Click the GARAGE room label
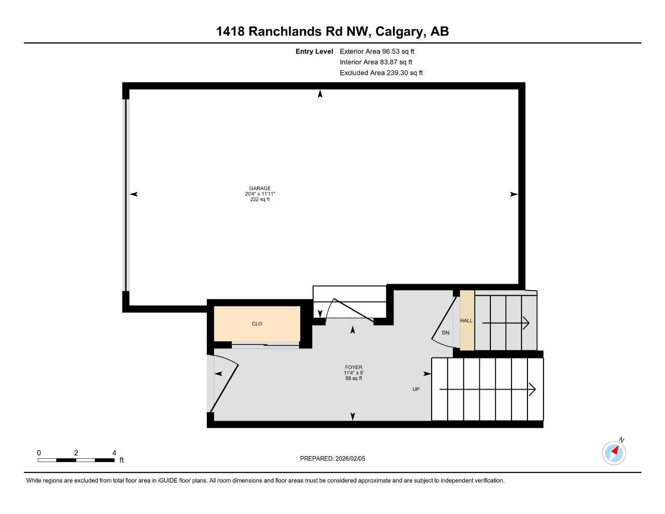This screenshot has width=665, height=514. click(260, 188)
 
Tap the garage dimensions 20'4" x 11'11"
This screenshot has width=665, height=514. click(260, 194)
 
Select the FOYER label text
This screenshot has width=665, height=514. click(353, 367)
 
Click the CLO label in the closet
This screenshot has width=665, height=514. click(257, 324)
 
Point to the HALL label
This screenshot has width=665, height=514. click(466, 321)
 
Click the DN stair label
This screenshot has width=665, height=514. click(446, 333)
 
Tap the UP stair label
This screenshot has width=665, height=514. click(416, 390)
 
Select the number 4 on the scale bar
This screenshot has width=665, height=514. click(114, 453)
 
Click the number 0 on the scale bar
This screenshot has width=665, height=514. click(39, 453)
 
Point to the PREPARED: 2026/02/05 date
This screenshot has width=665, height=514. click(333, 458)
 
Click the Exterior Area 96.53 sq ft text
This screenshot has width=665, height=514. click(377, 51)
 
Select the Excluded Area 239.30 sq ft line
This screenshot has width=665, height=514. click(381, 73)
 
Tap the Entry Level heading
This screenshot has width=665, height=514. click(314, 51)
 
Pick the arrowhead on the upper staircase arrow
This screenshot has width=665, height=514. click(526, 323)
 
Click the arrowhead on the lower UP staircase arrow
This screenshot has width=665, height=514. click(533, 389)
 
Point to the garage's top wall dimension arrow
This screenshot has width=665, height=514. click(320, 94)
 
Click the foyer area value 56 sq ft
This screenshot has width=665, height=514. click(353, 378)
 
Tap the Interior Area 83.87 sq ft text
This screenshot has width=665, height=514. click(376, 62)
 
